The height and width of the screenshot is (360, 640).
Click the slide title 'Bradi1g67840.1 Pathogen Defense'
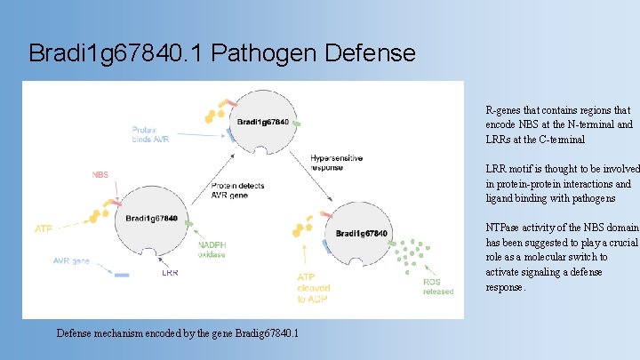(222, 53)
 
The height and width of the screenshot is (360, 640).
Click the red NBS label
(100, 175)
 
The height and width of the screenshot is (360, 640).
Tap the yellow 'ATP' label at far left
(44, 228)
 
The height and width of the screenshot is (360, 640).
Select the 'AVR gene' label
(72, 261)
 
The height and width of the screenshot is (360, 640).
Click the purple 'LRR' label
(170, 273)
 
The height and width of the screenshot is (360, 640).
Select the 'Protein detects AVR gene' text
(237, 191)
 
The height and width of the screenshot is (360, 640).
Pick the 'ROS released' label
(437, 286)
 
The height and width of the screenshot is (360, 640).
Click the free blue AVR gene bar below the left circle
(122, 276)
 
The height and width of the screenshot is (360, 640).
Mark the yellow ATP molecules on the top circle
(213, 113)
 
